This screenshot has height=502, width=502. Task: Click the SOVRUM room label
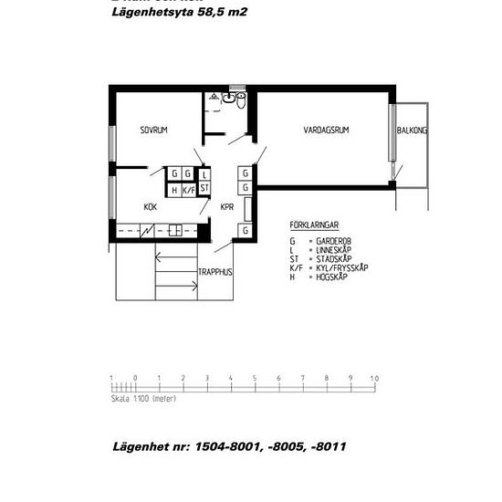[x=152, y=131]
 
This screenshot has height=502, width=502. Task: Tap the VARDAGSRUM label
[x=326, y=131]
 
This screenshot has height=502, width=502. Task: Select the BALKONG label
[x=412, y=131]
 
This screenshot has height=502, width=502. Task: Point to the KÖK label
[x=150, y=206]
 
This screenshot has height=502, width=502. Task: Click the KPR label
[x=227, y=206]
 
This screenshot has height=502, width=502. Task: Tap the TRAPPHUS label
[x=215, y=272]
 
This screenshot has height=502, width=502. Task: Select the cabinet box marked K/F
[x=189, y=190]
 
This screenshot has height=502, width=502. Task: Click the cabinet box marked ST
[x=204, y=189]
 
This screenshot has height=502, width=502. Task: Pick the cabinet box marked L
[x=204, y=173]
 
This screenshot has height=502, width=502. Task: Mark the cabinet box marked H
[x=173, y=190]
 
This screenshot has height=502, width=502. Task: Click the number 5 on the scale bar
[x=254, y=377]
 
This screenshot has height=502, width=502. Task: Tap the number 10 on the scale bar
[x=373, y=377]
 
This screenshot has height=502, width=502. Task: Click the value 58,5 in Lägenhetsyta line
[x=212, y=13]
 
